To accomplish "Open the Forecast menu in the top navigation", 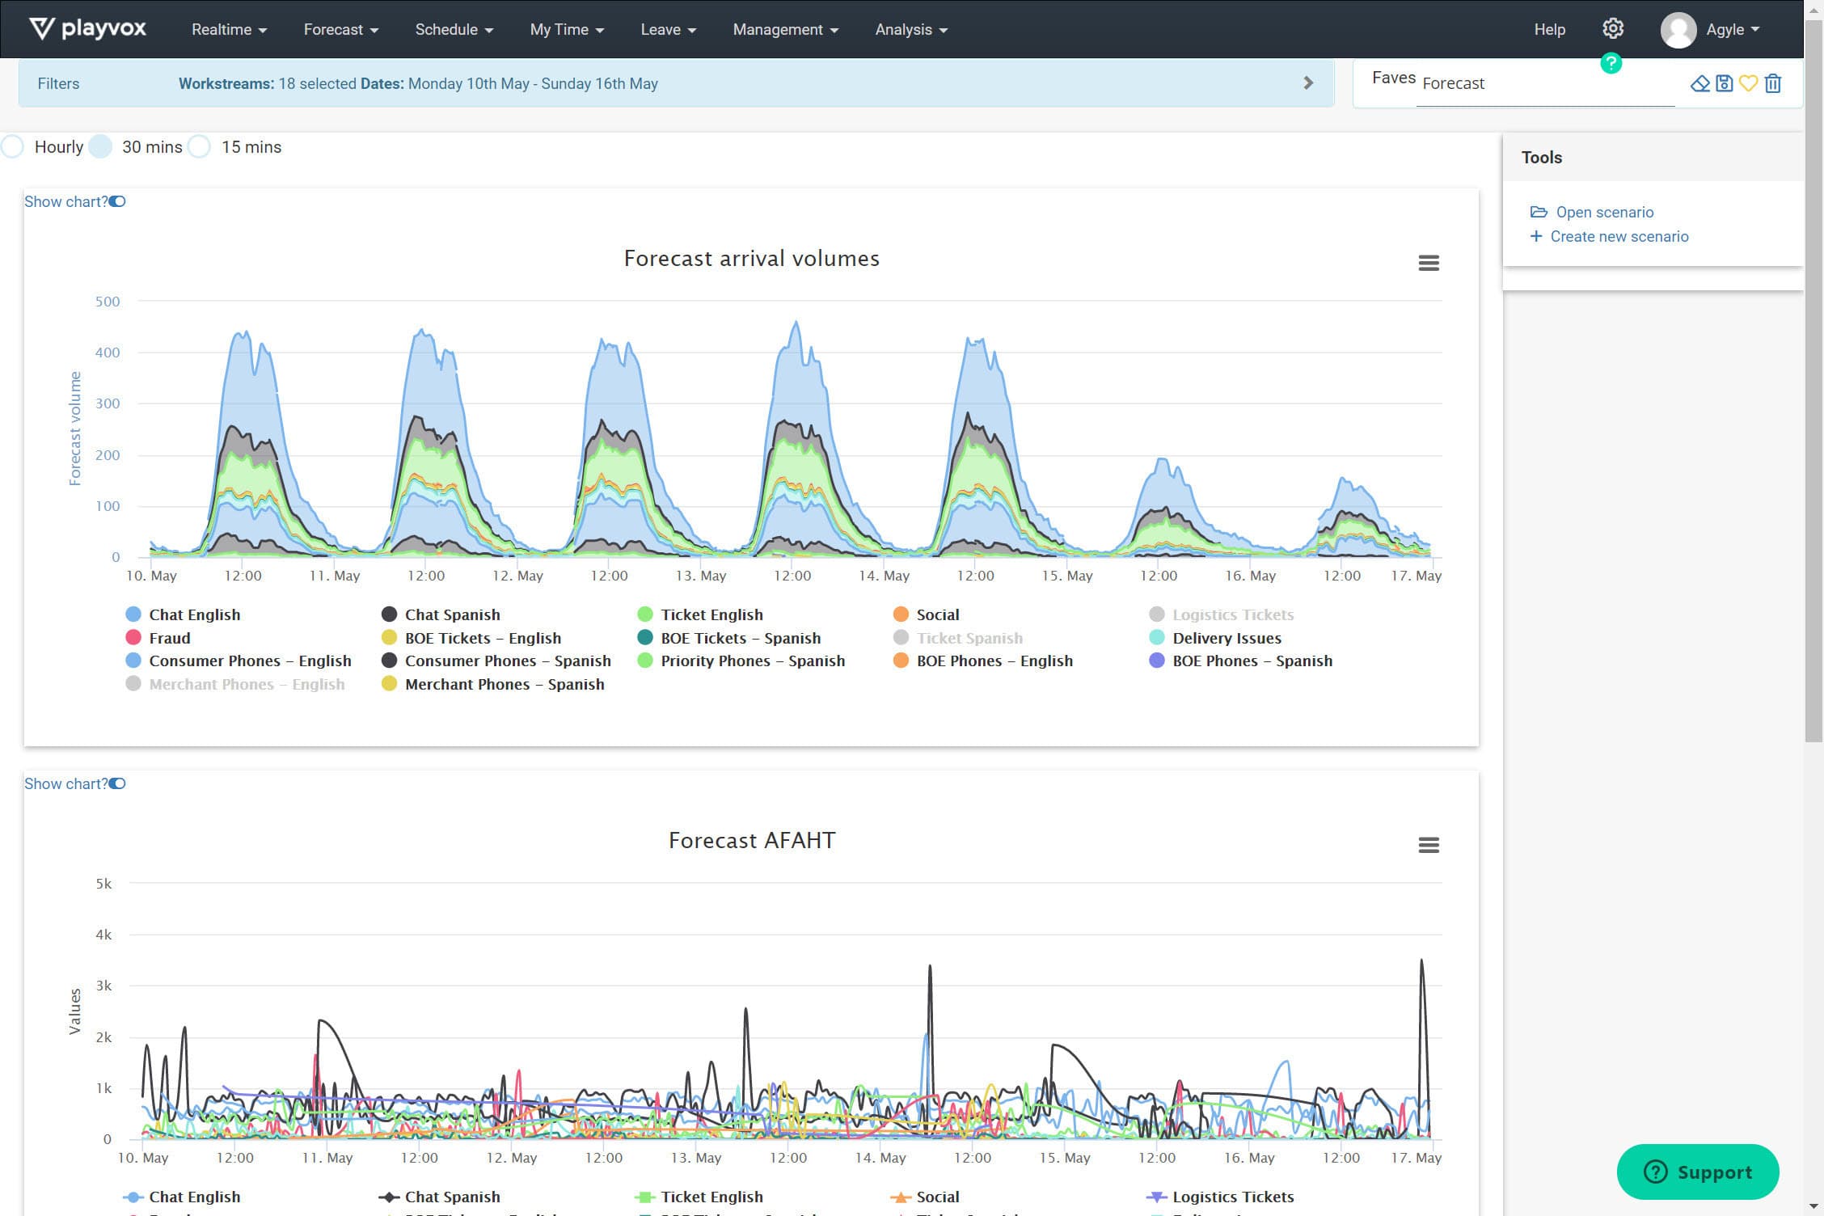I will pos(340,30).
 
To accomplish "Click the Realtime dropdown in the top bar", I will pos(228,30).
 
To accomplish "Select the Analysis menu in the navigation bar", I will pos(910,30).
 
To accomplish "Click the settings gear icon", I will pos(1612,29).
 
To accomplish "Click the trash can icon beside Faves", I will pos(1773,83).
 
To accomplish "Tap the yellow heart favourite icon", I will pos(1748,83).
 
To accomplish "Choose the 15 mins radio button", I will pos(200,147).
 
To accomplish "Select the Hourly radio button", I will pos(13,147).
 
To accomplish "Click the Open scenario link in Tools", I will pos(1604,212).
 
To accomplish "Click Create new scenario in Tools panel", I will pos(1619,236).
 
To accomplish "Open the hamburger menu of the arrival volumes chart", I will pos(1428,263).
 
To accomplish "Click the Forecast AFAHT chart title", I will pos(751,840).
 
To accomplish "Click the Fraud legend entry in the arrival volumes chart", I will pos(169,638).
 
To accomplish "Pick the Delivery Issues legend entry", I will pos(1226,638).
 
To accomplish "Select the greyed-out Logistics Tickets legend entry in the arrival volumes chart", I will pos(1232,614).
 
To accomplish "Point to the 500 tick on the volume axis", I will pos(108,302).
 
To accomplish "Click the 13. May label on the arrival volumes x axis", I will pos(700,576).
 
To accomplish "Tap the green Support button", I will pos(1697,1172).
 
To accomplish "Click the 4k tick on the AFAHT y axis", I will pos(103,935).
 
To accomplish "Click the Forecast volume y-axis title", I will pos(75,429).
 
